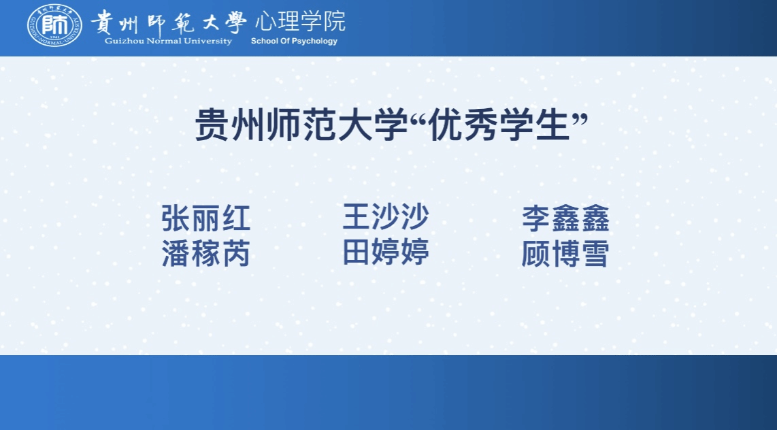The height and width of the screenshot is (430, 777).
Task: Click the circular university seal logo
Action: coord(54,25)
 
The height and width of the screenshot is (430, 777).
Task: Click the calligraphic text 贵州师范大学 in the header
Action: coord(169,22)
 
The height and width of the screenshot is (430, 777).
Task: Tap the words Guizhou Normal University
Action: coord(168,41)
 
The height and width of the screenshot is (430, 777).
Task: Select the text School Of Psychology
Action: coord(294,41)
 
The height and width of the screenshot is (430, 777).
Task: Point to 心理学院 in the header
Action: coord(300,21)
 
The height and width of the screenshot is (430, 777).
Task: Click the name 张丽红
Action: coord(205,218)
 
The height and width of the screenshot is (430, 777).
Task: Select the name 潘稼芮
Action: coord(205,254)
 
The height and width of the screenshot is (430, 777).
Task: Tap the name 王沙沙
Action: coord(386,216)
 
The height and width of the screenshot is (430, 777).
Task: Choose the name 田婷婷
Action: coord(386,252)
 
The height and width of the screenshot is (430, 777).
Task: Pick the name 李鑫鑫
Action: coord(565,218)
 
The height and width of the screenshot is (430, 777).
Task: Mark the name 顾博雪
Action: coord(565,254)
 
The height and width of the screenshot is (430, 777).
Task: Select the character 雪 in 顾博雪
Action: coord(595,254)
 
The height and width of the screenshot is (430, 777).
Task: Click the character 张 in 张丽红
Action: coord(176,218)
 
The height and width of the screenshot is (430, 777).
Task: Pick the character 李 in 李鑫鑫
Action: coord(535,218)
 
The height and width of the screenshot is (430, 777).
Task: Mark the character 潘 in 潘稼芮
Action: coord(176,254)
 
